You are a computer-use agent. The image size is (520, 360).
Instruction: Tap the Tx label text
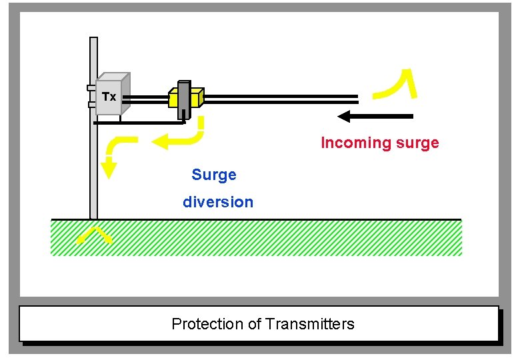coord(109,97)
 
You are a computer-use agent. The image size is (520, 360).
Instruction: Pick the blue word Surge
coord(213,175)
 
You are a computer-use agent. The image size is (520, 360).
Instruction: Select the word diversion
coord(218,202)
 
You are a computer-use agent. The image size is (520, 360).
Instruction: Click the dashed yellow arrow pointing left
coord(177,139)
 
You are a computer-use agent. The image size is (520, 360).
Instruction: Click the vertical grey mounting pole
coord(93,167)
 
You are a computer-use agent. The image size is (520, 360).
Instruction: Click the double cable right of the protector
coord(280,99)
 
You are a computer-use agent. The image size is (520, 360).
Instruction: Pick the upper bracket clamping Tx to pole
coord(91,88)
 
